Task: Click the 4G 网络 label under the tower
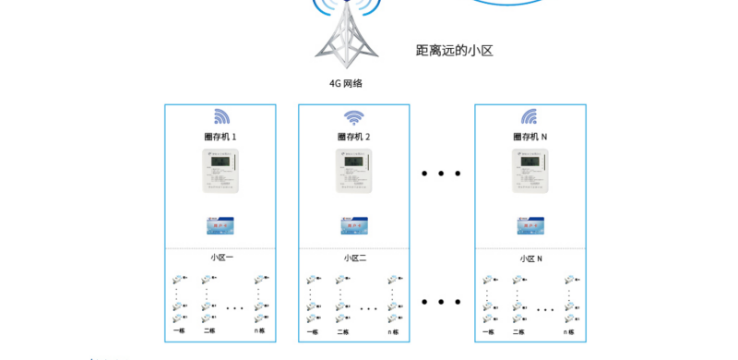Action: coord(346,83)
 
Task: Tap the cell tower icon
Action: coord(346,37)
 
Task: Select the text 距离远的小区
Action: coord(455,51)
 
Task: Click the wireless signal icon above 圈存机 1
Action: coord(221,116)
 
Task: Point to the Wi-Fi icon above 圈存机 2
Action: coord(354,117)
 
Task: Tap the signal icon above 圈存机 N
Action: coord(530,116)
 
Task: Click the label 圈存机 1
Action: coord(220,138)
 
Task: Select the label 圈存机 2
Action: coord(354,138)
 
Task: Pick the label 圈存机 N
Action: coord(530,138)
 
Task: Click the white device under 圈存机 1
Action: coord(220,172)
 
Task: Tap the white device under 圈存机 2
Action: coord(354,172)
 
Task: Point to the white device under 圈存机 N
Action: coord(530,172)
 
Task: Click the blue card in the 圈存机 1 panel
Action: coord(220,224)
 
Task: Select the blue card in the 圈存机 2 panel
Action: coord(354,224)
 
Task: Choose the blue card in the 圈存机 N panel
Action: coord(530,224)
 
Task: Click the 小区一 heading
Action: coord(221,258)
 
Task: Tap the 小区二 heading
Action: coord(355,258)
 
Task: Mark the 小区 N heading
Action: coord(530,258)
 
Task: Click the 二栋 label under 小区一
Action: coord(209,330)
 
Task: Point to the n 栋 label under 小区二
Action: coord(394,331)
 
